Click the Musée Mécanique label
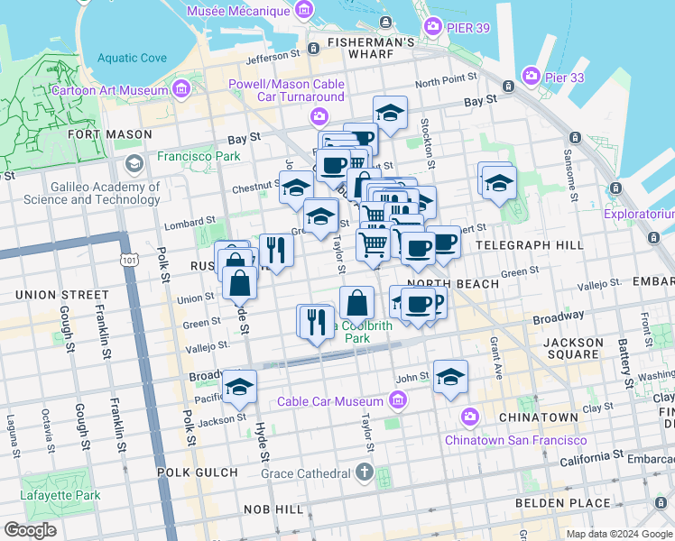point(239,12)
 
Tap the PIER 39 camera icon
point(433,27)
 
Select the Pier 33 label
point(564,78)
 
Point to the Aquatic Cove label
point(132,58)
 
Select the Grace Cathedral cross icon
point(364,472)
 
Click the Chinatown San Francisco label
point(515,440)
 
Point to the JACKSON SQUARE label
point(574,349)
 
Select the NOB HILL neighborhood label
point(276,510)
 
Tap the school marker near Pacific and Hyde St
point(239,387)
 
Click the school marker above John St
point(450,377)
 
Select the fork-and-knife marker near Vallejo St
point(316,322)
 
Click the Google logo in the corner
point(31,530)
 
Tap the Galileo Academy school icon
point(135,164)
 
